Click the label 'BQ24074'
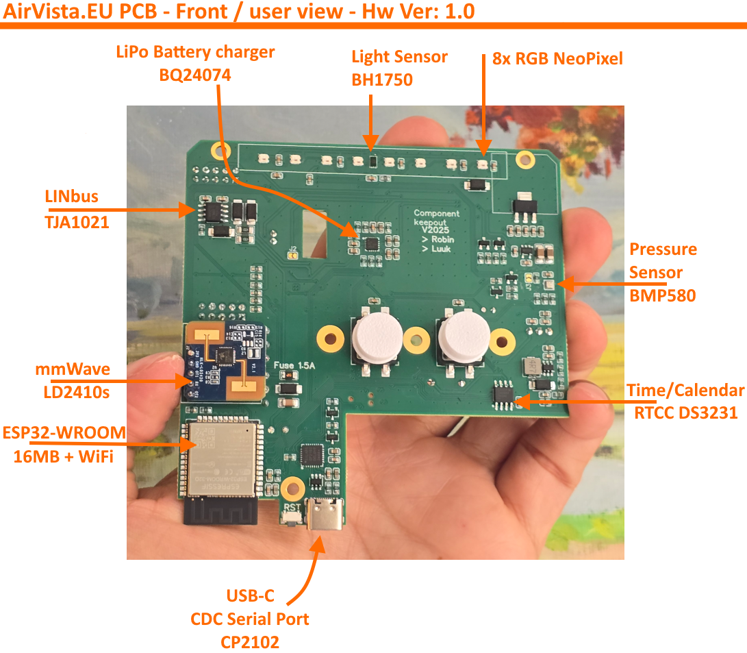coord(194,75)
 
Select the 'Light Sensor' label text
coord(399,57)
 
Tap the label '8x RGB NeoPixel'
coord(557,58)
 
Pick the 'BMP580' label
coord(662,295)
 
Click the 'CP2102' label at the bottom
coord(250,642)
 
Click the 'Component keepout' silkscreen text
coord(436,218)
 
